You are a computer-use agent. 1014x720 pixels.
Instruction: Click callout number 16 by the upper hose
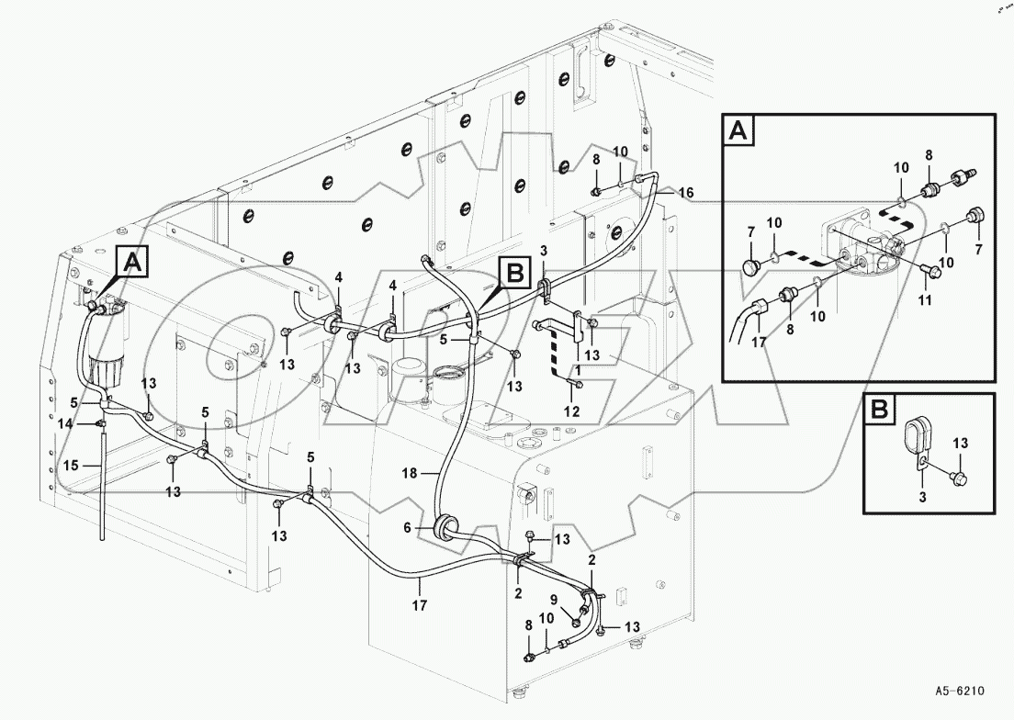[686, 193]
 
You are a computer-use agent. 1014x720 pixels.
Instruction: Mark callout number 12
[572, 411]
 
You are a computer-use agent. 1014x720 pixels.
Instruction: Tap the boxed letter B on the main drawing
[515, 271]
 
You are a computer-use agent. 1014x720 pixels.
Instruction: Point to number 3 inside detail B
[922, 498]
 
